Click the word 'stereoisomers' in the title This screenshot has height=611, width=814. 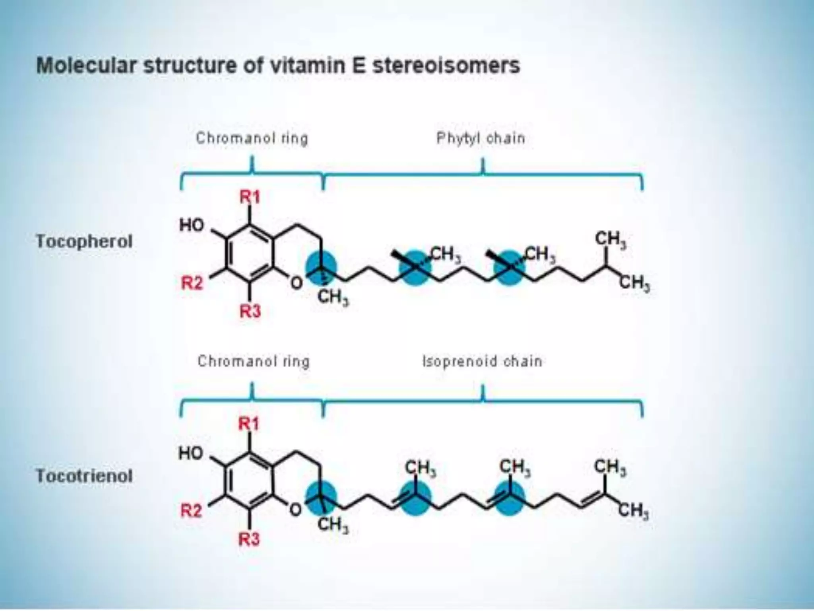[x=446, y=66]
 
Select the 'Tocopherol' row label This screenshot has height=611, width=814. [x=84, y=241]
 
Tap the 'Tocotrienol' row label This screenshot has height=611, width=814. [x=84, y=476]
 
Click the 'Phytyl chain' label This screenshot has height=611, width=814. [x=481, y=138]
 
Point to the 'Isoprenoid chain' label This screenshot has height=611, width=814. [x=482, y=362]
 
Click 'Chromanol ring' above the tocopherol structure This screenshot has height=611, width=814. [x=252, y=138]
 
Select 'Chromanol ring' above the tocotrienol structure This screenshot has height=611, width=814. [x=253, y=362]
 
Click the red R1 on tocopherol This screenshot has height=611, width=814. [x=250, y=197]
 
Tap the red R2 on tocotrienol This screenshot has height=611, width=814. [x=192, y=510]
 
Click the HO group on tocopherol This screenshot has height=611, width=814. [x=192, y=226]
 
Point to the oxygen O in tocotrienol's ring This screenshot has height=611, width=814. [x=295, y=510]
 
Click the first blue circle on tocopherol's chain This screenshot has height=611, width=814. [x=321, y=268]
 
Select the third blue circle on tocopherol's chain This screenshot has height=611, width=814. [x=509, y=268]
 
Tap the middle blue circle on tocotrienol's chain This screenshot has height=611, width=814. [x=415, y=497]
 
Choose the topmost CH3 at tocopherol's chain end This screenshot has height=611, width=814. [x=610, y=240]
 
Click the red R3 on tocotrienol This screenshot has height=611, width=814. [x=249, y=540]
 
